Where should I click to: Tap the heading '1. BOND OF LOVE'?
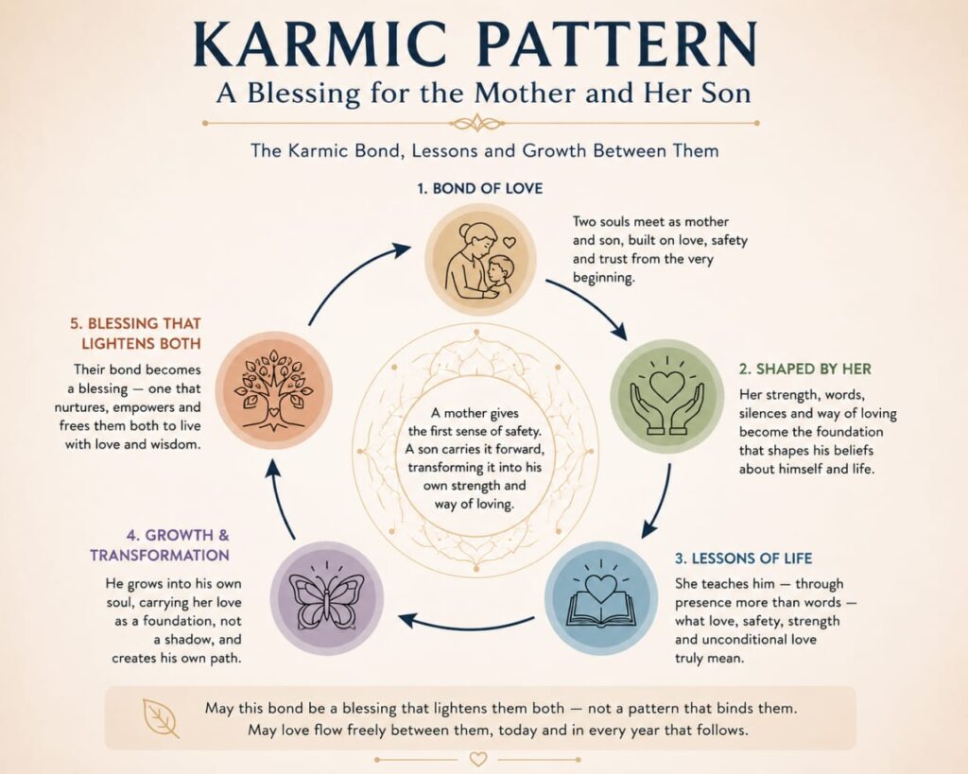(x=479, y=188)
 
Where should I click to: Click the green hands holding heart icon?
(x=666, y=396)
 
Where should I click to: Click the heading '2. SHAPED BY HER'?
(x=805, y=370)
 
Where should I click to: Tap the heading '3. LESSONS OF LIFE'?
(x=743, y=559)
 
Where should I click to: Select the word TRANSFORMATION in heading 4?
(x=160, y=555)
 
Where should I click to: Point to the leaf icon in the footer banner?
(x=161, y=718)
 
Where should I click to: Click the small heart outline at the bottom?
(x=477, y=759)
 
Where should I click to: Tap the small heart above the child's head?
(x=509, y=243)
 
